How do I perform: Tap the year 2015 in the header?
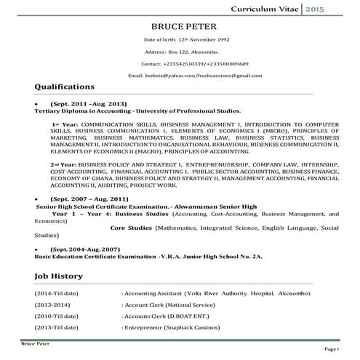tap(336, 8)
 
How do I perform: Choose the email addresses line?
tap(194, 75)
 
